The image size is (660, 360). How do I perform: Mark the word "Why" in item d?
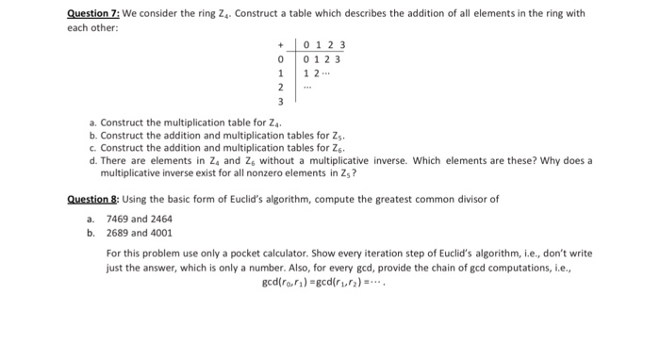pyautogui.click(x=528, y=161)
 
